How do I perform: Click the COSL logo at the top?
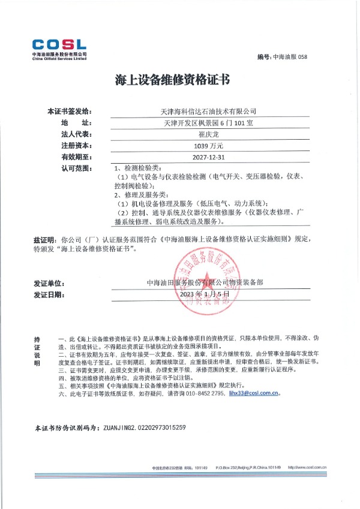point(59,47)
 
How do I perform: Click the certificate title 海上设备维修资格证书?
point(179,80)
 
